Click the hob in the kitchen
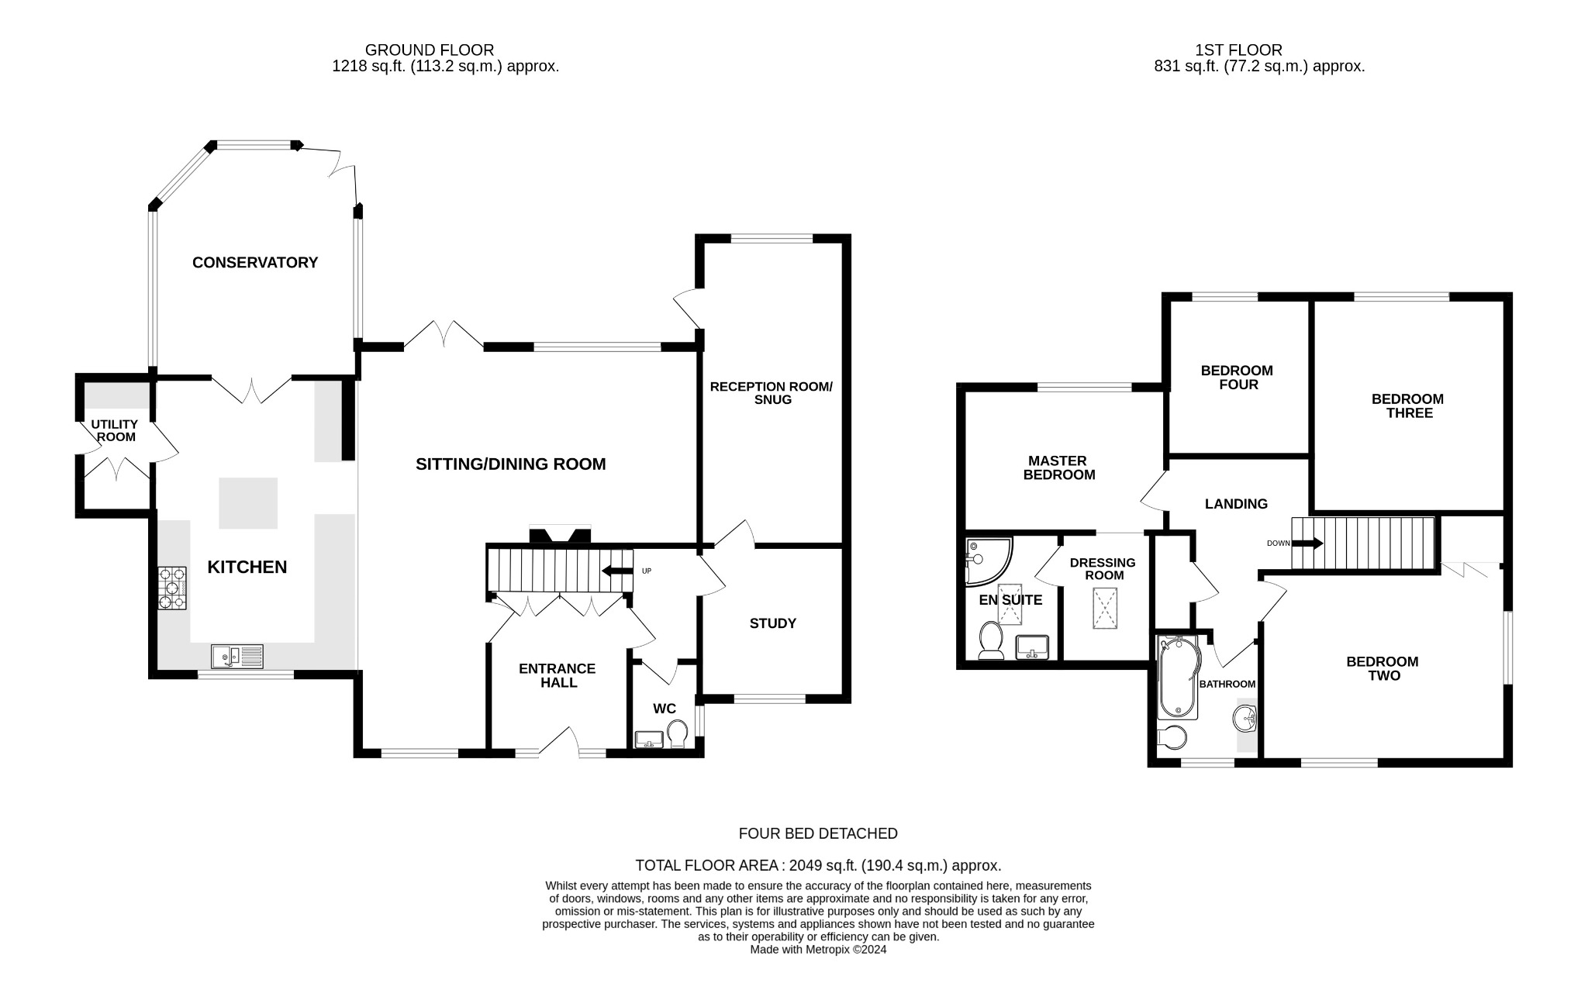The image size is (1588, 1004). (172, 588)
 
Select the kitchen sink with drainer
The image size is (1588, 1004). (237, 657)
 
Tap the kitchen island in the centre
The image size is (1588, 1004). (248, 503)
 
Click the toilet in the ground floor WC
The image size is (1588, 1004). (678, 733)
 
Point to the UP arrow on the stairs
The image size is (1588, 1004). (617, 571)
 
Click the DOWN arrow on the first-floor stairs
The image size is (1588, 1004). (1307, 543)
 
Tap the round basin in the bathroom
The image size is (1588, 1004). (1245, 718)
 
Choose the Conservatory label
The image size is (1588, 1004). (255, 263)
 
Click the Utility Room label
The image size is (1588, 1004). (115, 430)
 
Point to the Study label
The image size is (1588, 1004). (772, 623)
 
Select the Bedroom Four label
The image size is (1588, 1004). (1237, 378)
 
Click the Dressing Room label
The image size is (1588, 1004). (1103, 569)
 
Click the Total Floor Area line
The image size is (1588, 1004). (818, 865)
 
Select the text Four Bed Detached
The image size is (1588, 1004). (818, 833)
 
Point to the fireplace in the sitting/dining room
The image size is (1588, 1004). (560, 535)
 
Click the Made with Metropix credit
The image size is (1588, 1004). (818, 949)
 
